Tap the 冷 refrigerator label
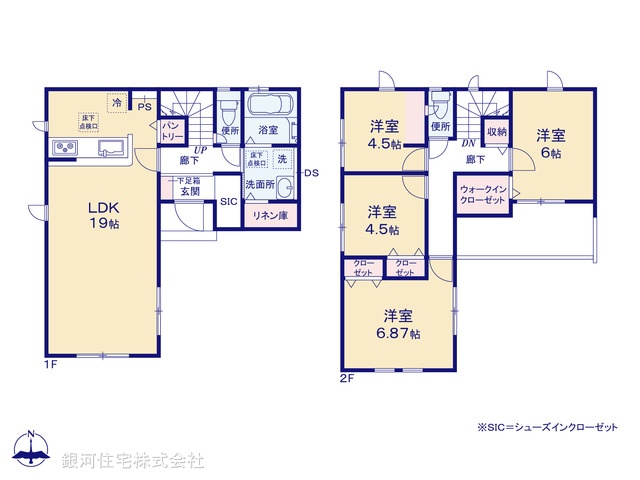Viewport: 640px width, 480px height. pyautogui.click(x=117, y=102)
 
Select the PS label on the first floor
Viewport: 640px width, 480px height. pyautogui.click(x=144, y=106)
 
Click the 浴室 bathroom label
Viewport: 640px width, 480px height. pyautogui.click(x=268, y=130)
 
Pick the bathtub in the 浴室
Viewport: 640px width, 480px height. pyautogui.click(x=268, y=106)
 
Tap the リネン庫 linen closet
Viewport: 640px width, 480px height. pyautogui.click(x=269, y=215)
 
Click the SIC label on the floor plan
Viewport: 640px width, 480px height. pyautogui.click(x=228, y=200)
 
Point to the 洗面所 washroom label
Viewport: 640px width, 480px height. pyautogui.click(x=262, y=185)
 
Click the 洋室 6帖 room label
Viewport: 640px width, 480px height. pyautogui.click(x=550, y=143)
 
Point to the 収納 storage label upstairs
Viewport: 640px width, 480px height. pyautogui.click(x=497, y=131)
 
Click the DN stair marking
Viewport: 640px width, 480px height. pyautogui.click(x=467, y=143)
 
